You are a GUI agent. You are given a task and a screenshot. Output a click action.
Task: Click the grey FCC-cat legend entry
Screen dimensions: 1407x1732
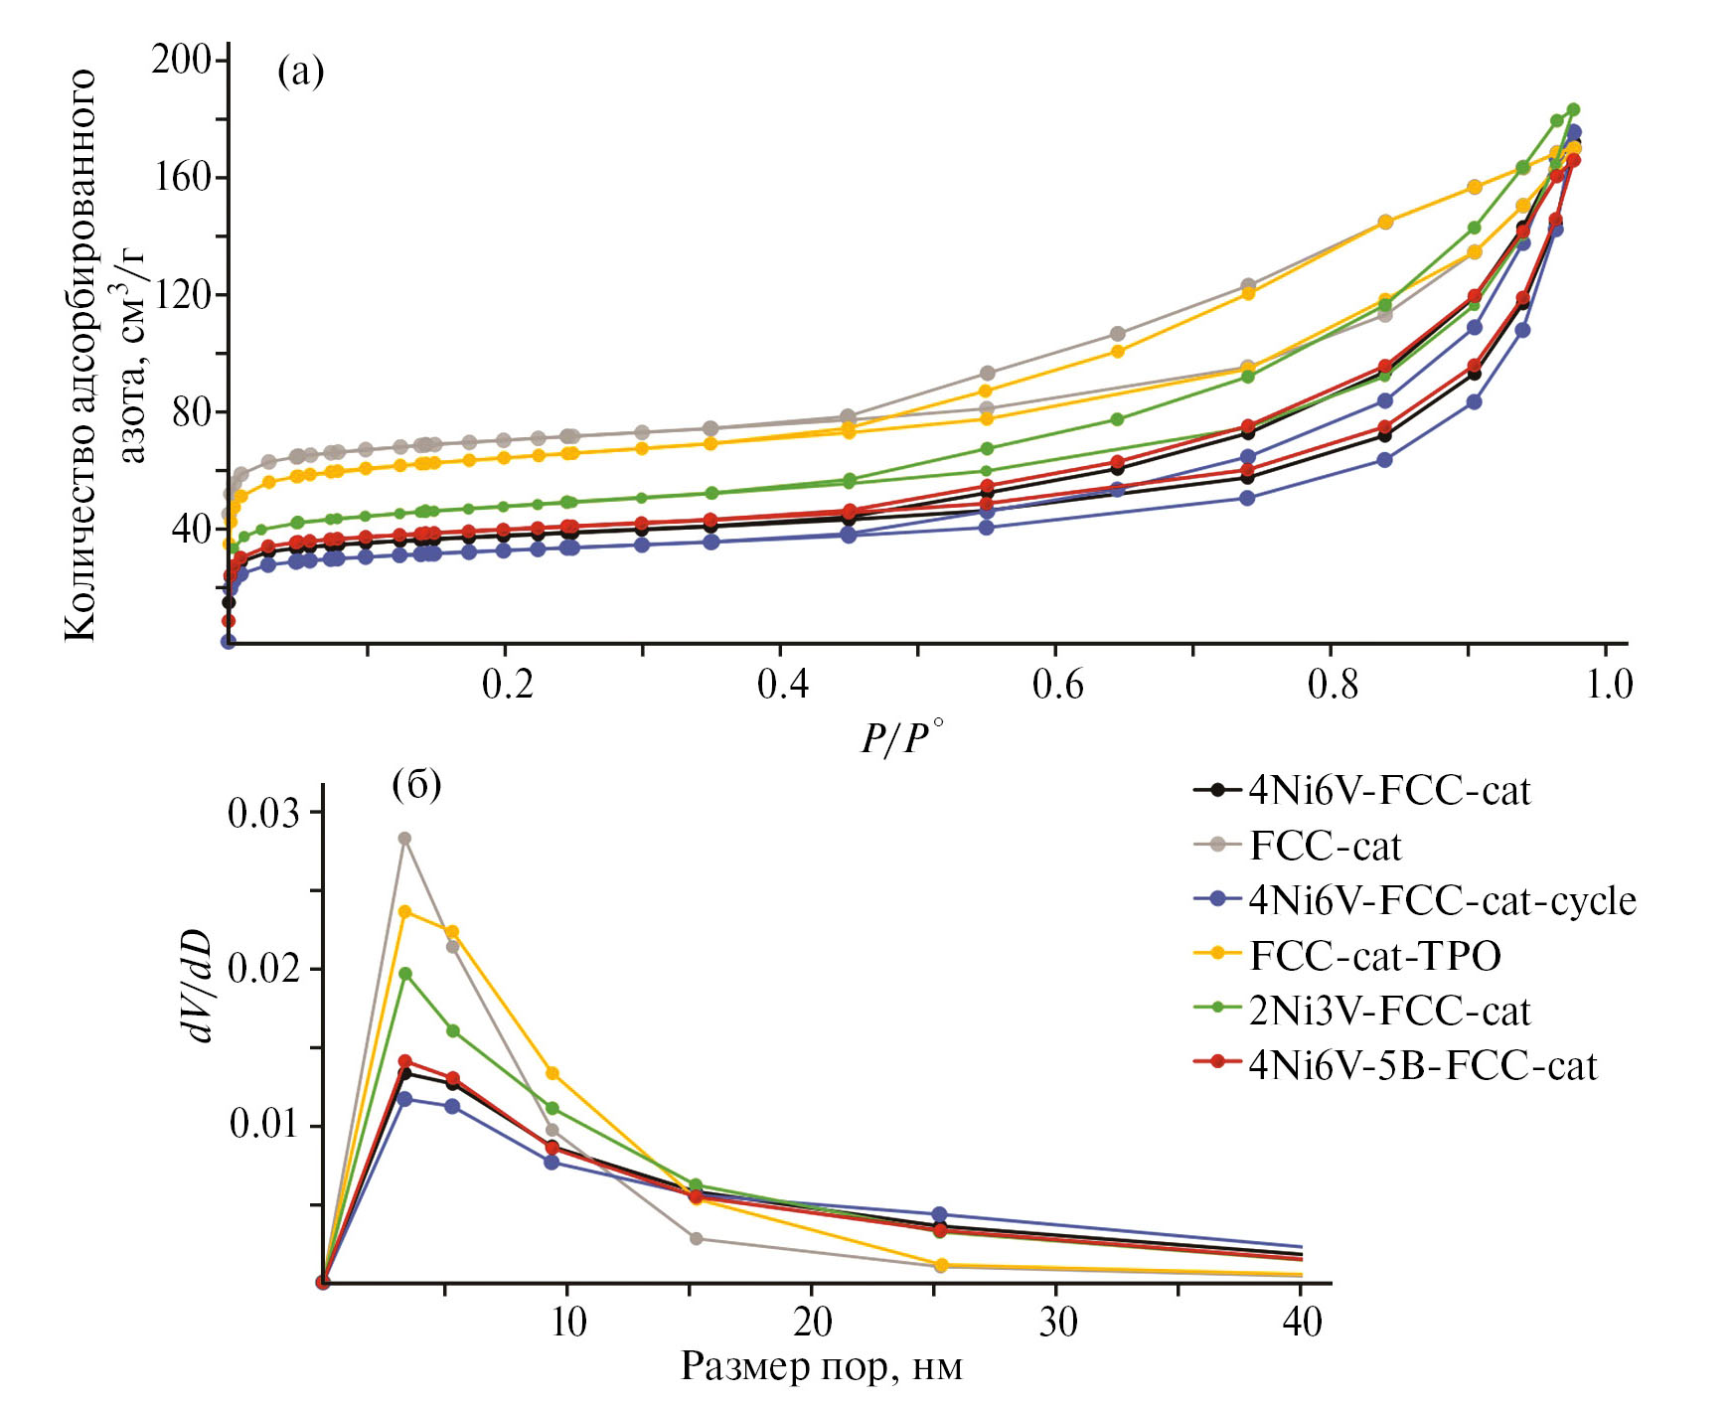(x=1325, y=846)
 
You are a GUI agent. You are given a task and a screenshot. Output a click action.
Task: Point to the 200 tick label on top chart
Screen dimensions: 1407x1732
(x=182, y=60)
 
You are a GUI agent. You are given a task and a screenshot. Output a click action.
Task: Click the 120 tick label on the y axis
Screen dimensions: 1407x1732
(x=182, y=294)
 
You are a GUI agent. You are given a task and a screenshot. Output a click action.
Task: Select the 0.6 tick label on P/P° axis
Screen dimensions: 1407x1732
(x=1057, y=684)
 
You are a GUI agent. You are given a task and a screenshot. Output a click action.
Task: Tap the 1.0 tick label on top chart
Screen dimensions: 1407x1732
(x=1608, y=684)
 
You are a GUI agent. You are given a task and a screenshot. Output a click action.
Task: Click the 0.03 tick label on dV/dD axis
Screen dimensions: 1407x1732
(x=263, y=813)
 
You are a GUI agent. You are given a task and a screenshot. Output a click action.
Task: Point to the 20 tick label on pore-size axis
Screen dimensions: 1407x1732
(x=812, y=1322)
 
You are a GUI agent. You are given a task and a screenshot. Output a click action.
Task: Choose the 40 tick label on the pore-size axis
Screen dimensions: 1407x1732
(x=1302, y=1322)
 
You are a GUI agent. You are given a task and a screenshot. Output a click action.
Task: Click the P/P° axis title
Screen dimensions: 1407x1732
(x=900, y=737)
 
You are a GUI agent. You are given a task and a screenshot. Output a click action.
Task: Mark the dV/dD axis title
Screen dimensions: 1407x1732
(x=198, y=985)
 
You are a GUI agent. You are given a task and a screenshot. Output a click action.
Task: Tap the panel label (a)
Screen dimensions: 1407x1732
(x=300, y=71)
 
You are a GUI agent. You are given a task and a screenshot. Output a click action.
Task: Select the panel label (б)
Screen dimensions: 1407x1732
(x=416, y=785)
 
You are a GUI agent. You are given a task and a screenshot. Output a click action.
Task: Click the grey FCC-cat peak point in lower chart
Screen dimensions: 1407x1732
(x=404, y=839)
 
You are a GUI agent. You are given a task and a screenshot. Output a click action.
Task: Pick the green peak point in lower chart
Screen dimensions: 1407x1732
(x=404, y=974)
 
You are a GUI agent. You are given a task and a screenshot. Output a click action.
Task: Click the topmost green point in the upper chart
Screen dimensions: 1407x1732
(x=1573, y=110)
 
